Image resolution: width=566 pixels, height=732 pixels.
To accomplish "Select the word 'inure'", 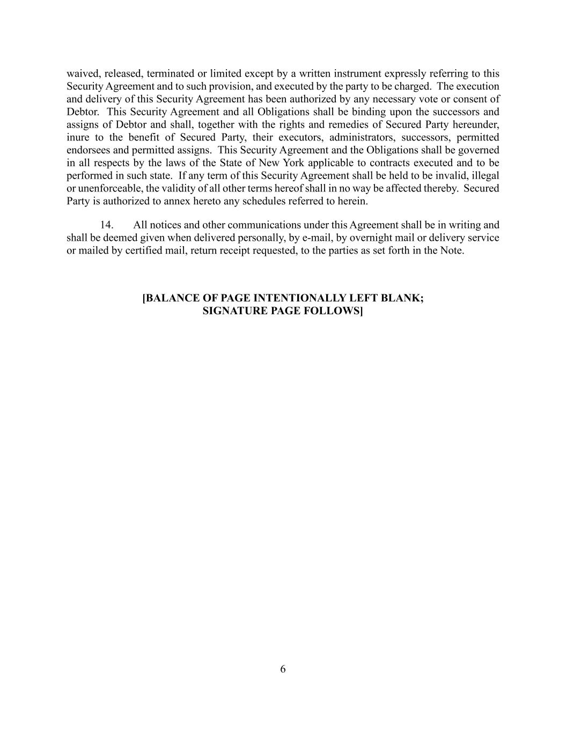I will (x=78, y=138).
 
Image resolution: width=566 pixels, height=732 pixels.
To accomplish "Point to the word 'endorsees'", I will (x=87, y=150).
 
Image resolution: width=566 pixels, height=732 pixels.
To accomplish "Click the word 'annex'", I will (x=181, y=202).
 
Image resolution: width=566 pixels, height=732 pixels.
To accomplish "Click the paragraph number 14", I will (x=106, y=225).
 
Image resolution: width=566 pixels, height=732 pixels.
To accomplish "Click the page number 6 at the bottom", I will (x=283, y=669).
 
